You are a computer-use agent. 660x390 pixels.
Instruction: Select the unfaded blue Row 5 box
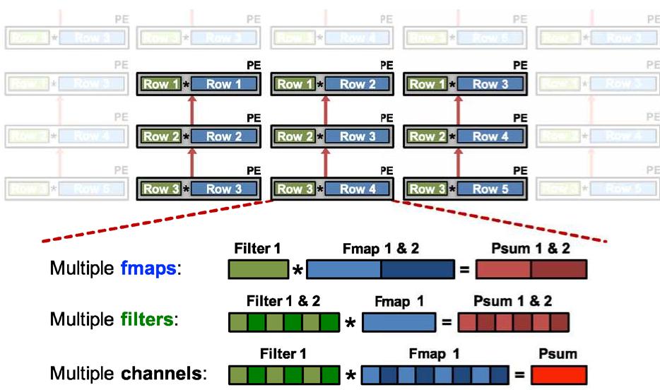[485, 189]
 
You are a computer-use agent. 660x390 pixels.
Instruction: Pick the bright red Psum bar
[559, 373]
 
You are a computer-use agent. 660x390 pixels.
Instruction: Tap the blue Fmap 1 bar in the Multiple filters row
[399, 322]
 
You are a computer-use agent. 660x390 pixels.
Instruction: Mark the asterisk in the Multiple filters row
[350, 323]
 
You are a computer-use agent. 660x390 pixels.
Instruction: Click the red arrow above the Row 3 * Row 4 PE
[325, 162]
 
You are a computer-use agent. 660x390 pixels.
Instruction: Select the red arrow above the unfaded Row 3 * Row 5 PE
[459, 162]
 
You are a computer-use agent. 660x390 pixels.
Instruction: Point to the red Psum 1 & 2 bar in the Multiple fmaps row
[531, 270]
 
